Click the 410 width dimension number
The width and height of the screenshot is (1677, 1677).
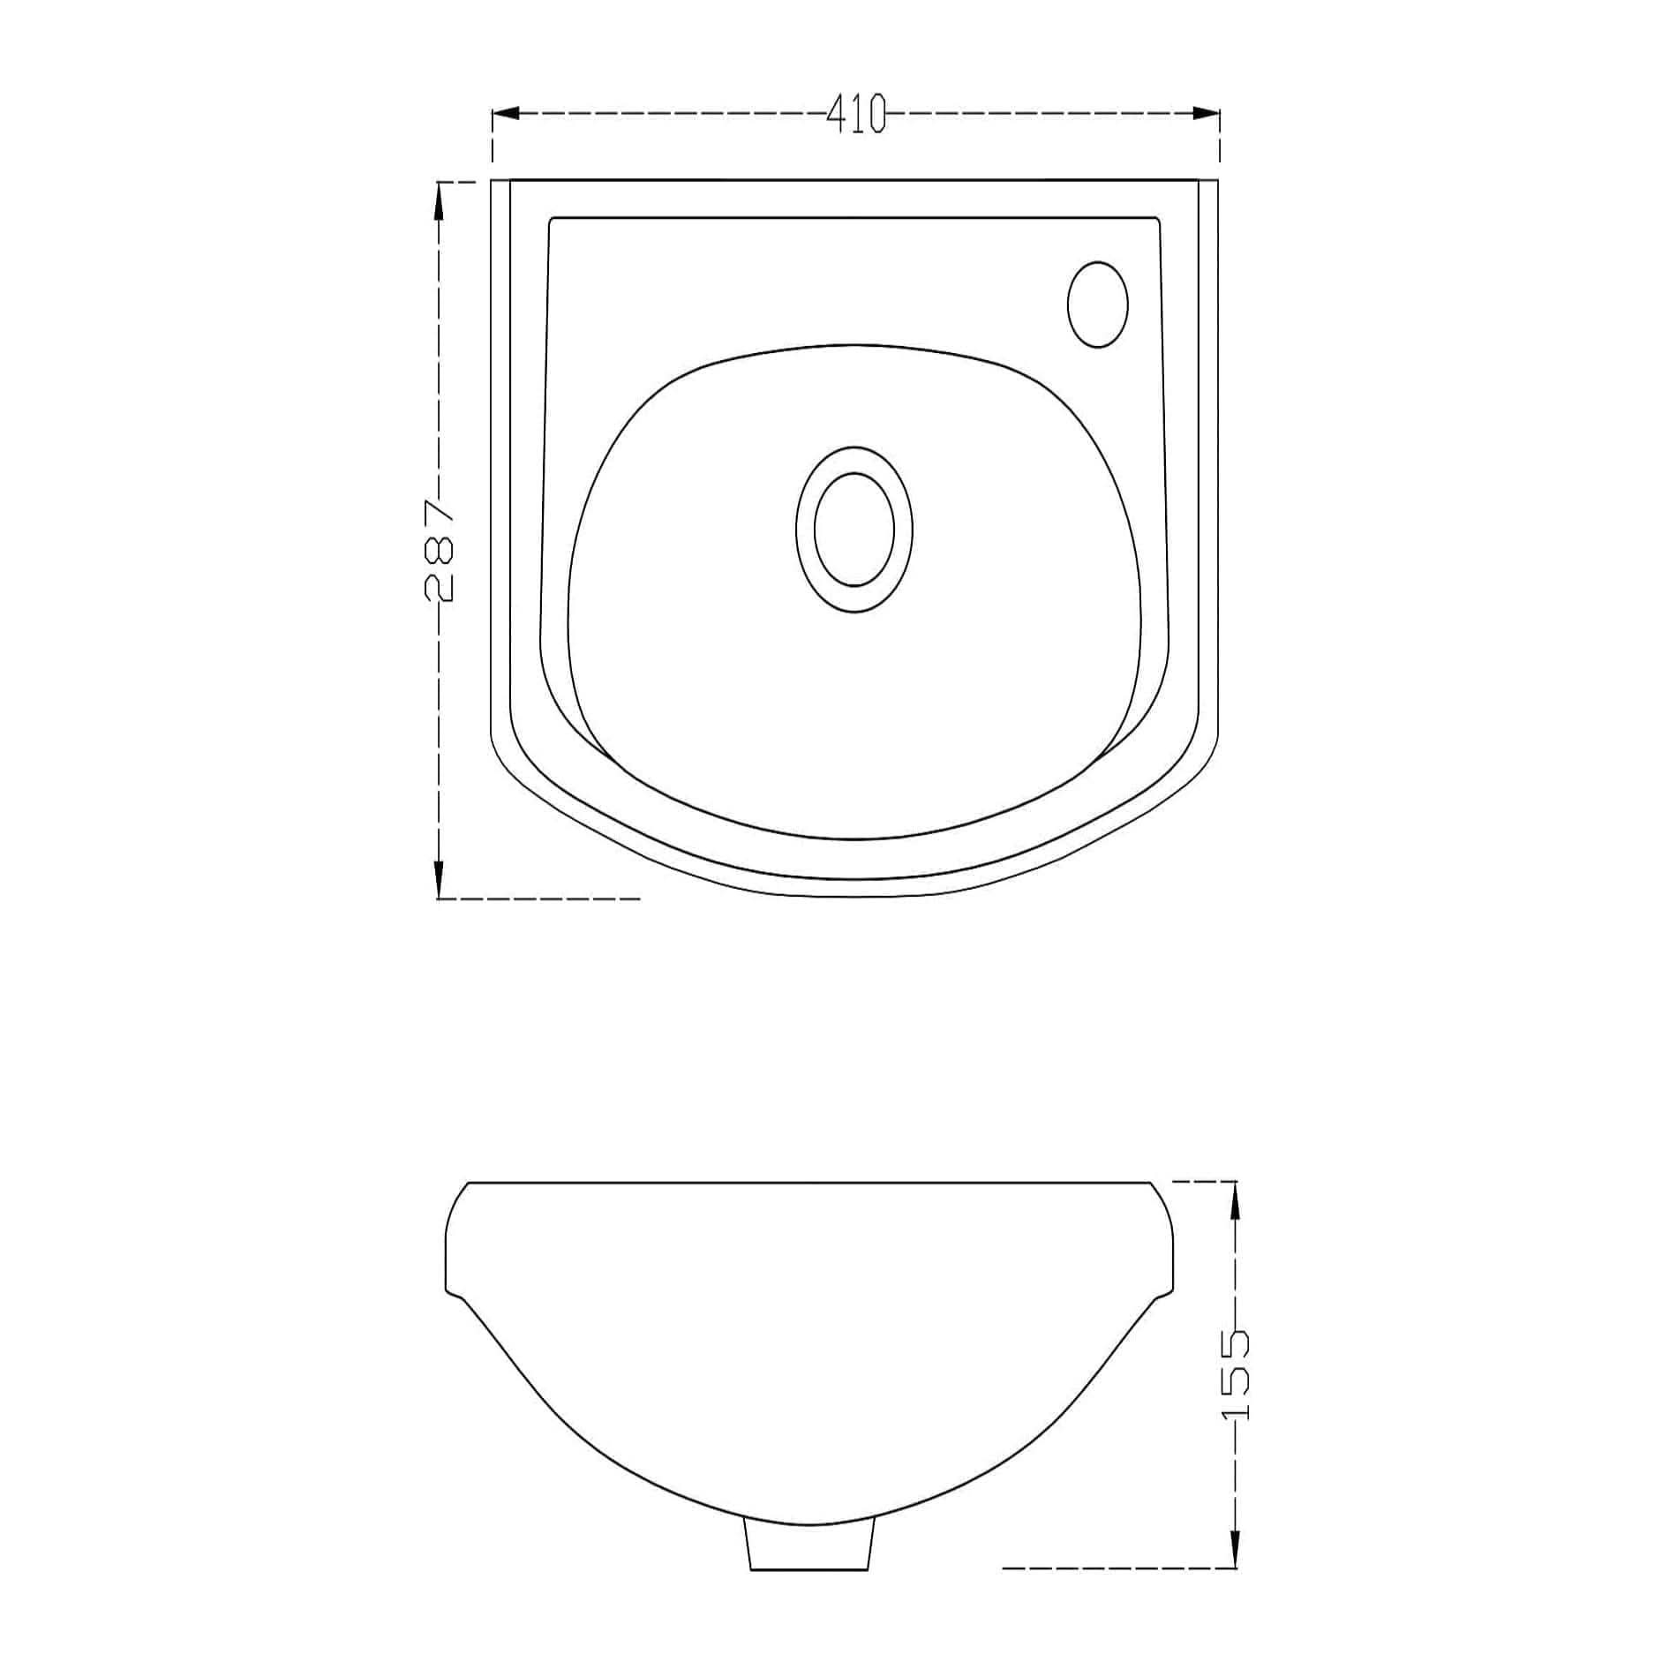(855, 114)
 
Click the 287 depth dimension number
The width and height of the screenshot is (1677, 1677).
(439, 551)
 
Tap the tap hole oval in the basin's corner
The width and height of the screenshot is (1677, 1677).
(1097, 304)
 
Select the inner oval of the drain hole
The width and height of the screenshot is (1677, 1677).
(854, 530)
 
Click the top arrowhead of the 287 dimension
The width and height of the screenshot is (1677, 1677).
(439, 196)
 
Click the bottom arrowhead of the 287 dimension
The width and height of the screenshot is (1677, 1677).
(439, 884)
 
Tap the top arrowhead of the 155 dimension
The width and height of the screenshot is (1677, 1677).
(1235, 1196)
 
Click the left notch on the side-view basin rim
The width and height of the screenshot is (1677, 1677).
(454, 1295)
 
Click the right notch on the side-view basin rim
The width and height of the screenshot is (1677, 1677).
(1167, 1295)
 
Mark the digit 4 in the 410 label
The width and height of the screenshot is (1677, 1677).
(836, 114)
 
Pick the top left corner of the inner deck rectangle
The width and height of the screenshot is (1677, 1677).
(552, 219)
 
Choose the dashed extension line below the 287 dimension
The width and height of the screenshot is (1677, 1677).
(538, 899)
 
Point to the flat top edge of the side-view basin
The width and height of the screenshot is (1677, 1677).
(809, 1181)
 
